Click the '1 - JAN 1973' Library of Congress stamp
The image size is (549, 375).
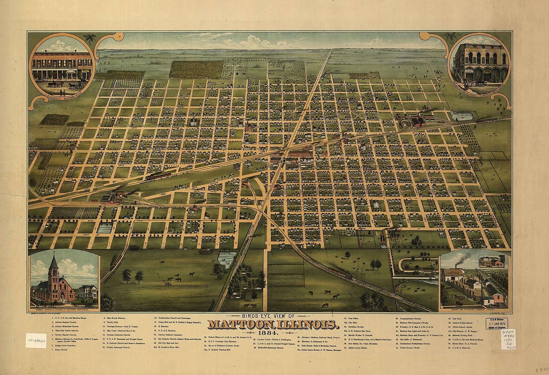click(x=496, y=323)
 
